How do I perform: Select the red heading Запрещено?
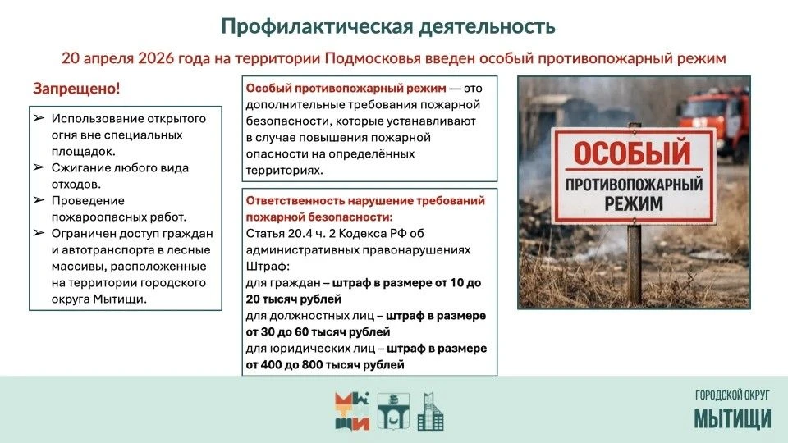point(76,89)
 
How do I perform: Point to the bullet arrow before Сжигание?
point(39,167)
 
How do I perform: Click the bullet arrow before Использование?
point(39,118)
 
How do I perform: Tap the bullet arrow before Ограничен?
point(39,233)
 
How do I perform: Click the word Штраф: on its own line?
point(268,267)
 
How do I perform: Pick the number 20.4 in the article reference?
point(300,234)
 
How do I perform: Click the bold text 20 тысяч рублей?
point(294,299)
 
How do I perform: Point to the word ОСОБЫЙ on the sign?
point(633,153)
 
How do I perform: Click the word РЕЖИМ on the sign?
point(634,203)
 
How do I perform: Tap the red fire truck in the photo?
point(712,121)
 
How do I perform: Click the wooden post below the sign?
point(635,263)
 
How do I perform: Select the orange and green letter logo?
point(352,411)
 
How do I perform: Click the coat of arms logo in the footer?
point(393,411)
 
